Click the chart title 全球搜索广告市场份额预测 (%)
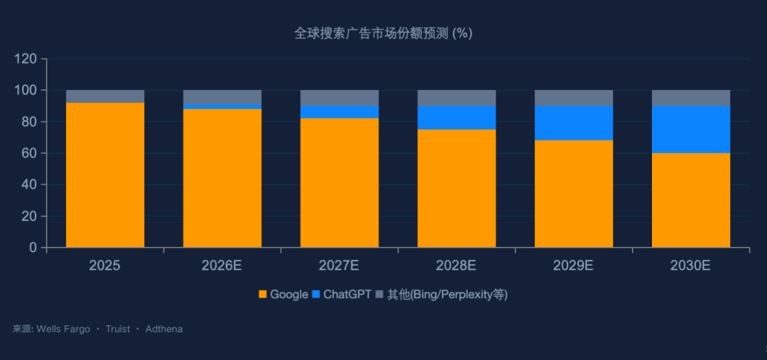pos(383,33)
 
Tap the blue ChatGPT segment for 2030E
pos(691,129)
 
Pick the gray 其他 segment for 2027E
pos(339,98)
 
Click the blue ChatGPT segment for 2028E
pos(457,118)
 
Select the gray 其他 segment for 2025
pos(105,97)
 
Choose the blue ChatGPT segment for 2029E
pos(574,123)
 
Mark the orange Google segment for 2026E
pos(222,178)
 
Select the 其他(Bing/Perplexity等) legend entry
pos(441,294)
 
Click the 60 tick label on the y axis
pos(29,153)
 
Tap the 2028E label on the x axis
pos(457,266)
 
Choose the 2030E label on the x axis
pos(691,266)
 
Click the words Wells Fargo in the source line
pos(63,329)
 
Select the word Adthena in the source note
pos(164,329)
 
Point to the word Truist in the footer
pos(118,329)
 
